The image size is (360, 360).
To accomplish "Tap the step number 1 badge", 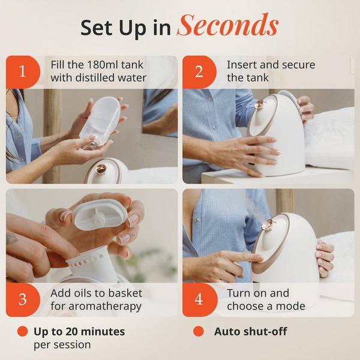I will tap(23, 72).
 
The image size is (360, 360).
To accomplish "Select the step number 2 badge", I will tap(199, 72).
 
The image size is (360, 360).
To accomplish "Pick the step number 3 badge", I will tap(23, 299).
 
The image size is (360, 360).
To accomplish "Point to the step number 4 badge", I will tap(199, 299).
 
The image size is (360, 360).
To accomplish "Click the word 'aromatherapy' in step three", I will tap(104, 306).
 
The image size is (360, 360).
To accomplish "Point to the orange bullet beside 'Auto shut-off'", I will tap(199, 331).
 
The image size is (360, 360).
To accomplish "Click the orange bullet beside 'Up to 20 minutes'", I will tap(22, 331).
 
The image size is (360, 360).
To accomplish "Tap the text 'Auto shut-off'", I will tap(248, 331).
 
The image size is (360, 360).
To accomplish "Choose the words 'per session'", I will tap(62, 344).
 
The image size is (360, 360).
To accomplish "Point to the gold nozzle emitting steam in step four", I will tap(268, 225).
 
